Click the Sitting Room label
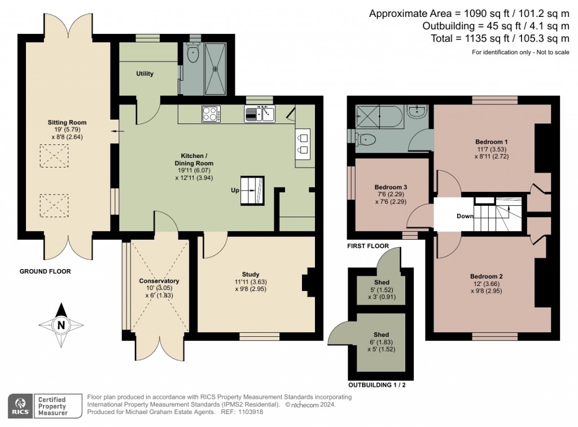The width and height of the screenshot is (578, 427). pyautogui.click(x=67, y=122)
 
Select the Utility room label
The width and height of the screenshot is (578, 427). pyautogui.click(x=144, y=74)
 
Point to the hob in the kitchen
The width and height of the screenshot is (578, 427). pyautogui.click(x=211, y=114)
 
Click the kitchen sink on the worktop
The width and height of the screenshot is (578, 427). pyautogui.click(x=260, y=115)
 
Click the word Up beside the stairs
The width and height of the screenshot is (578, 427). pyautogui.click(x=234, y=190)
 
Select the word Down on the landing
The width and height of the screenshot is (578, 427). pyautogui.click(x=465, y=215)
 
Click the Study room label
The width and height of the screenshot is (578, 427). pyautogui.click(x=251, y=274)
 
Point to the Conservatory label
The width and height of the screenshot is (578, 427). pyautogui.click(x=159, y=281)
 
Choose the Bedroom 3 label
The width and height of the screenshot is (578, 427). pyautogui.click(x=391, y=187)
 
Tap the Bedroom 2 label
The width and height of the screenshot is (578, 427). pyautogui.click(x=486, y=276)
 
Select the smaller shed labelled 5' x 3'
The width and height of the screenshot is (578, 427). pyautogui.click(x=382, y=288)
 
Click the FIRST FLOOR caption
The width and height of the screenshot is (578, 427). pyautogui.click(x=368, y=246)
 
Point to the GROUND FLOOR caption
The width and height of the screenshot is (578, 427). pyautogui.click(x=45, y=271)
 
